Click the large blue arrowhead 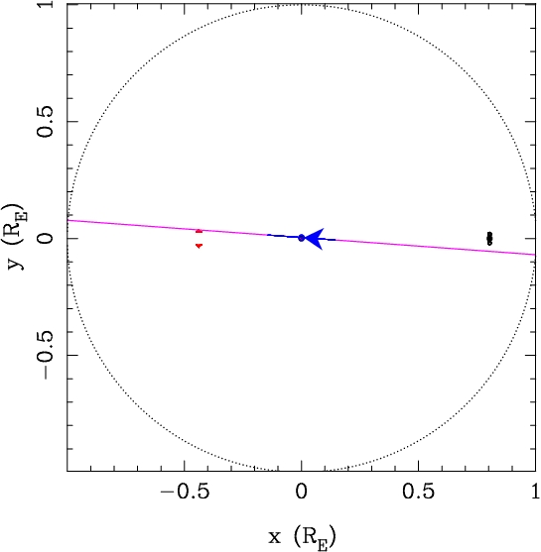pos(316,239)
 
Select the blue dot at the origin pos(301,238)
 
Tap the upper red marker pos(199,231)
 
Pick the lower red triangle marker pos(199,246)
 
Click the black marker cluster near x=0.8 pos(489,238)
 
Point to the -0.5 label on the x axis pos(185,492)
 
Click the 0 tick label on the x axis pos(301,492)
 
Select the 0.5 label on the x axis pos(418,492)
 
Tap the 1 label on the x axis pos(535,492)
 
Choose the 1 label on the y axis pos(46,4)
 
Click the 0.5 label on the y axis pos(46,122)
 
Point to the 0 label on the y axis pos(46,238)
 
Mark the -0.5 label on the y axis pos(46,356)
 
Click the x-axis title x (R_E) pos(302,537)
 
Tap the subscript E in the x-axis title pos(323,544)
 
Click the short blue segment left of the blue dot pos(282,236)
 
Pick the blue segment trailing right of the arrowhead pos(330,240)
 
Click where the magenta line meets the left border pos(68,220)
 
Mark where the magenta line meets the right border pos(535,255)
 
